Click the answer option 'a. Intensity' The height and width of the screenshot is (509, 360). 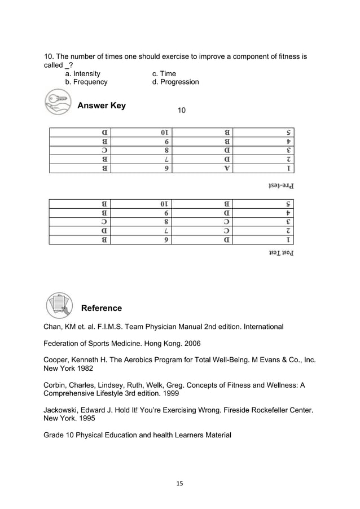(x=83, y=74)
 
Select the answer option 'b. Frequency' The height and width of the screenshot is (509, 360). (x=86, y=82)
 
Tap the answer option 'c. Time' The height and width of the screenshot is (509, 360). (x=164, y=74)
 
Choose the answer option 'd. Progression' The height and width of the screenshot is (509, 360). (x=175, y=82)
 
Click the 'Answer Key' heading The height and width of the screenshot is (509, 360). (x=102, y=106)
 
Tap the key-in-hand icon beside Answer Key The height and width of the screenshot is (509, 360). (x=56, y=104)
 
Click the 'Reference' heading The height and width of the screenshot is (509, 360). (x=102, y=308)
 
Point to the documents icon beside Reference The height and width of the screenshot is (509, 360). (x=59, y=305)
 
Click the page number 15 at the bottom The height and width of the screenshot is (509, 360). (x=180, y=483)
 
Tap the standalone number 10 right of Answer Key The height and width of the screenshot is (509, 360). (x=182, y=109)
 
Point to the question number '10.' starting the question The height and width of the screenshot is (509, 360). (x=50, y=57)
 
